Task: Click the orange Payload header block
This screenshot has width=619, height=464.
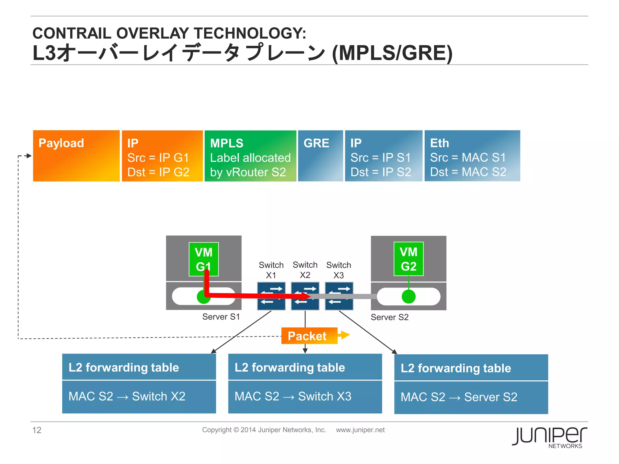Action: coord(76,156)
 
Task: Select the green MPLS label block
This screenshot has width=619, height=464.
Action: coord(250,156)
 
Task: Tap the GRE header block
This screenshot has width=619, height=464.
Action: coord(320,156)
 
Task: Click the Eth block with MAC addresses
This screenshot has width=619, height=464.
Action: coord(472,156)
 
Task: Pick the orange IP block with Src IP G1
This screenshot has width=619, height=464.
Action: coord(162,156)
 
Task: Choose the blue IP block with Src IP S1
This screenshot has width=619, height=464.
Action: coord(384,156)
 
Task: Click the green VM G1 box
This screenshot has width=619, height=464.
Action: coord(203,259)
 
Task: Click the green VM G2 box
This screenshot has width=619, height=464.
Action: coord(409,259)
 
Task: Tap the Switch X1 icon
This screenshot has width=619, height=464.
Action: coord(271,296)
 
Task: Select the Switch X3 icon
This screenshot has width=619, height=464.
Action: coord(339,296)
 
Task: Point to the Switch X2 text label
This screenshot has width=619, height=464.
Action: coord(305,270)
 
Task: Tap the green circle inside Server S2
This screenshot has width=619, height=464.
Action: coord(409,296)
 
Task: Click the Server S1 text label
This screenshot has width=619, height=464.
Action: coord(221,317)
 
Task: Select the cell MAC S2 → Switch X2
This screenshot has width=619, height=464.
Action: coord(139,396)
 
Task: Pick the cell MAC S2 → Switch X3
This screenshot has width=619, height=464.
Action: coord(305,396)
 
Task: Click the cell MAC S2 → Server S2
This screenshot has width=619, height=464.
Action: coord(471,397)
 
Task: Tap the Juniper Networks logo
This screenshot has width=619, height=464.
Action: coord(549,437)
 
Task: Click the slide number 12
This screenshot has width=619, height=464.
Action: coord(37,430)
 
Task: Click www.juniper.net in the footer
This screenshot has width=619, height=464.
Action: coord(360,430)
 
